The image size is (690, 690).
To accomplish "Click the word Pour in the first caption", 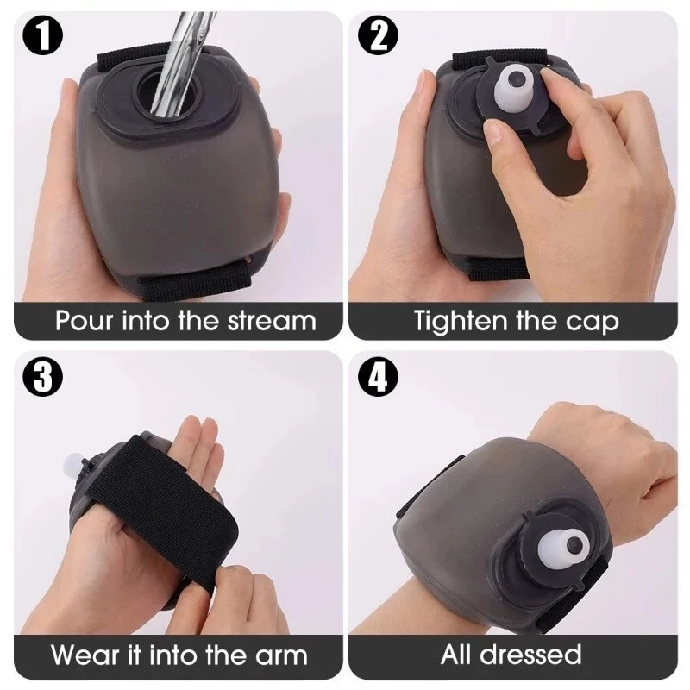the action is click(84, 321).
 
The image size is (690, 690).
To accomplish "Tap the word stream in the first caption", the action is click(272, 321).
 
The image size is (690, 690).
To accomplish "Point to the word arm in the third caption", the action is click(282, 656).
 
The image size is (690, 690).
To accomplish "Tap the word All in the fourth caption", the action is click(457, 655).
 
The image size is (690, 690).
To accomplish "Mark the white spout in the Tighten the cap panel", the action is click(514, 88).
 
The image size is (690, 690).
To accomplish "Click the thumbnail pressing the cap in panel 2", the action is click(496, 132).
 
